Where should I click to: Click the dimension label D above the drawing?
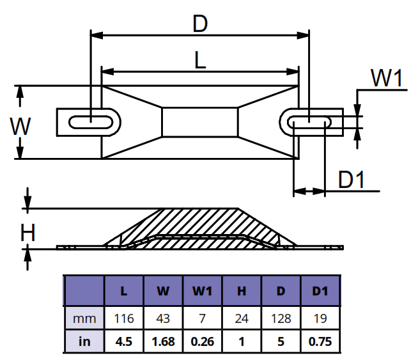pyautogui.click(x=200, y=25)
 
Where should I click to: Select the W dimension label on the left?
pyautogui.click(x=20, y=126)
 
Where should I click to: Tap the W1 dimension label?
pyautogui.click(x=387, y=79)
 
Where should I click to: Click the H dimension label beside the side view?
pyautogui.click(x=27, y=233)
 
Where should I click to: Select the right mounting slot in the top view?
pyautogui.click(x=311, y=121)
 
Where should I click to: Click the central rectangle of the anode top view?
pyautogui.click(x=200, y=121)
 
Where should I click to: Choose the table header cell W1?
pyautogui.click(x=202, y=291)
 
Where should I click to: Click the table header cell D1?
pyautogui.click(x=320, y=291)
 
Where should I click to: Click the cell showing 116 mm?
pyautogui.click(x=123, y=318)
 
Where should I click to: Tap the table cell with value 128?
pyautogui.click(x=281, y=318)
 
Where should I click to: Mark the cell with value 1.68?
pyautogui.click(x=162, y=342)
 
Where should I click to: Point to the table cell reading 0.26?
pyautogui.click(x=202, y=342)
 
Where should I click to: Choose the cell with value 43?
pyautogui.click(x=162, y=318)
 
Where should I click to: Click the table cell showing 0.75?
pyautogui.click(x=320, y=342)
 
